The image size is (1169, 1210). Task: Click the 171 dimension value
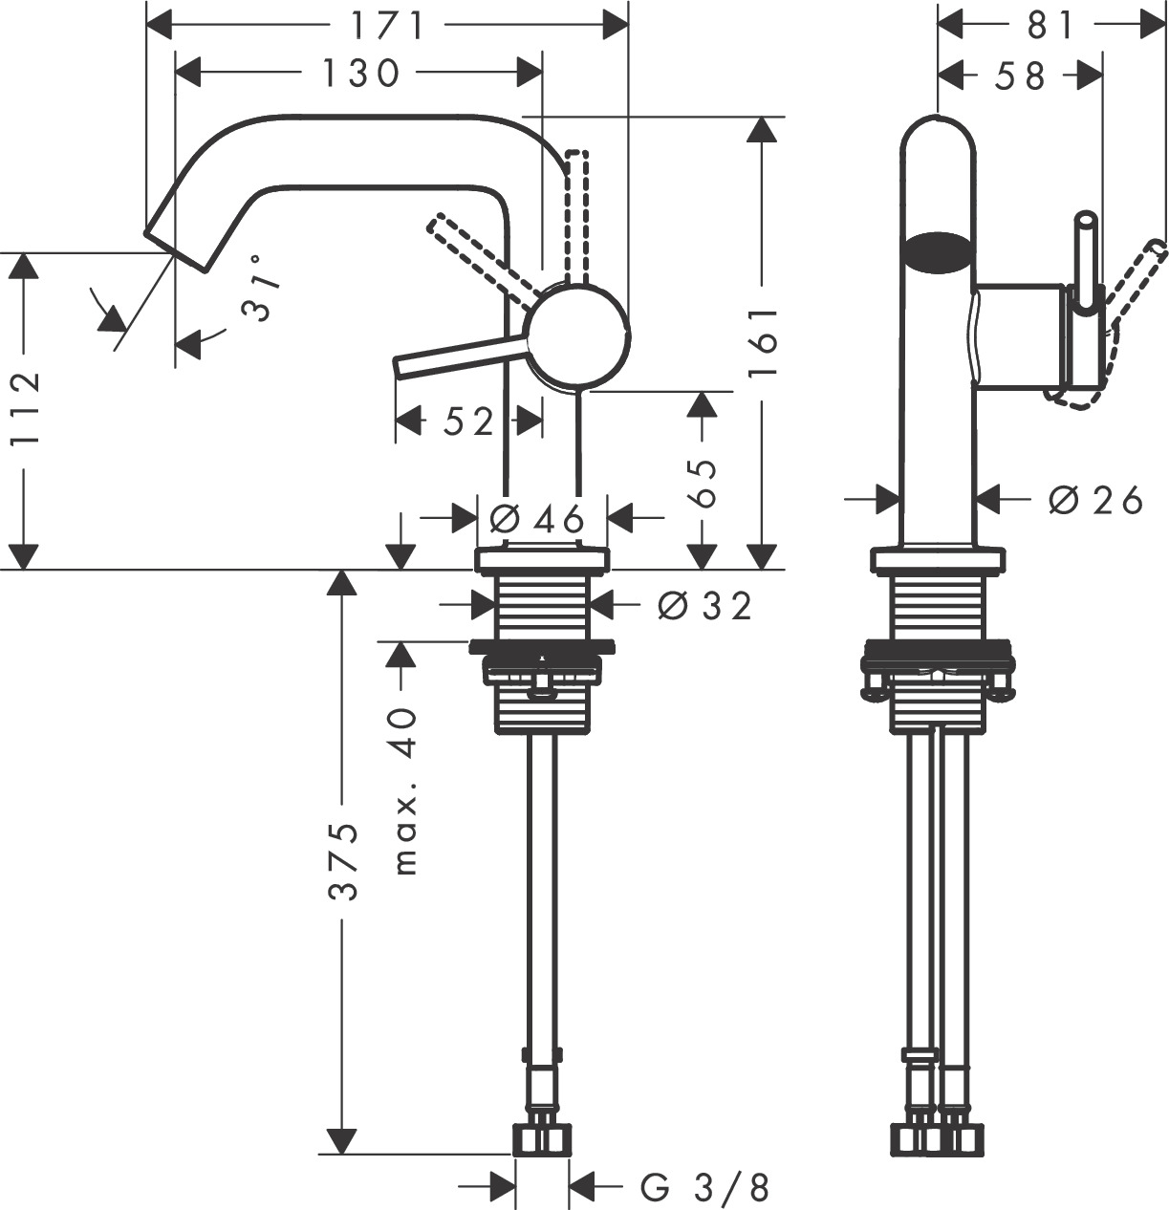pos(386,25)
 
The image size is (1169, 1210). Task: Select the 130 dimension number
pos(359,73)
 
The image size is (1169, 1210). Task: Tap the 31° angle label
pos(260,288)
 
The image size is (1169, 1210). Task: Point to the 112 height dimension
pos(25,408)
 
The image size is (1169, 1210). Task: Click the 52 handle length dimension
pos(468,421)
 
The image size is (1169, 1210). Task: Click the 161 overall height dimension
pos(763,343)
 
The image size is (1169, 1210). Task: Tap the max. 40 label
pos(405,791)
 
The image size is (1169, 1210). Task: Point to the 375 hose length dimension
pos(344,859)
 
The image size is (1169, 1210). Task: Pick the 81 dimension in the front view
pos(1050,26)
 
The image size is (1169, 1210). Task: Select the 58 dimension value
pos(1020,76)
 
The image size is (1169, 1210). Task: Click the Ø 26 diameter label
pos(1095,499)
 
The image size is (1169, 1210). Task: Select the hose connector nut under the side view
pos(542,1139)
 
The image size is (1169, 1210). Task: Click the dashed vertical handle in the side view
pos(575,215)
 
